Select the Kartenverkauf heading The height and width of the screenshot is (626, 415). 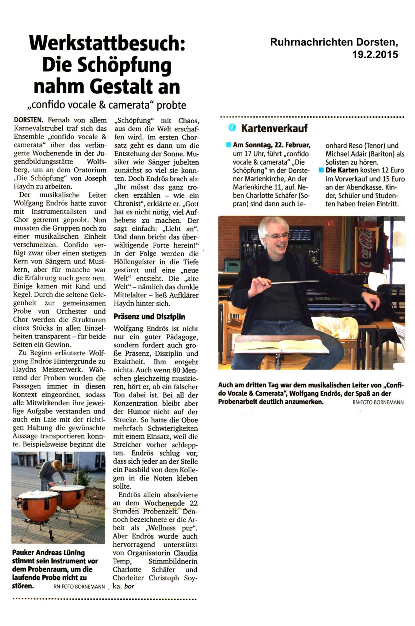pyautogui.click(x=274, y=128)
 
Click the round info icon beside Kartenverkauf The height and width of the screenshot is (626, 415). pyautogui.click(x=232, y=128)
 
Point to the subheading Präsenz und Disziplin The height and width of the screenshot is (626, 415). pyautogui.click(x=149, y=317)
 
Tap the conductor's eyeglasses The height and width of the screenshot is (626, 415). pyautogui.click(x=278, y=235)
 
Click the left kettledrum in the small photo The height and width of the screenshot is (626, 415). pyautogui.click(x=39, y=504)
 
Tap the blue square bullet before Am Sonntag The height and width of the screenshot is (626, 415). pyautogui.click(x=229, y=145)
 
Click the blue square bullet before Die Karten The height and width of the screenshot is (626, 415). pyautogui.click(x=321, y=170)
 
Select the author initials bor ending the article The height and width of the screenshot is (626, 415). pyautogui.click(x=129, y=586)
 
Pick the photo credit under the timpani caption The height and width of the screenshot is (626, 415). pyautogui.click(x=79, y=587)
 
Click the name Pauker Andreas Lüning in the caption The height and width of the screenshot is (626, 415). pyautogui.click(x=48, y=553)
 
